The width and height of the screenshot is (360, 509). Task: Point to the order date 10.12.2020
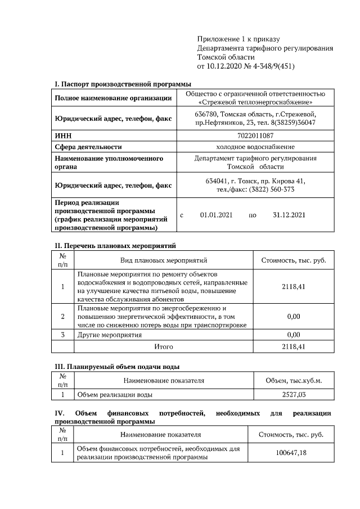pos(224,66)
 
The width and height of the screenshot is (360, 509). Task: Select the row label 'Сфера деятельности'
pos(88,147)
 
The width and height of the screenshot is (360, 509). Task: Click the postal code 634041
pos(217,181)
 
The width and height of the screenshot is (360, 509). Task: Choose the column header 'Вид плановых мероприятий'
pos(164,260)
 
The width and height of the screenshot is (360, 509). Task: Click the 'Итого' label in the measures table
pos(164,346)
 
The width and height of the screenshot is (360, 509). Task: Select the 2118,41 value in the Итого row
pos(293,346)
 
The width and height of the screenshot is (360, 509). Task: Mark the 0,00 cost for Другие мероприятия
pos(293,335)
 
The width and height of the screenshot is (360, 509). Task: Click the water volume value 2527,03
pos(293,394)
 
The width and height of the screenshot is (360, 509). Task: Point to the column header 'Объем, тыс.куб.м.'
pos(293,381)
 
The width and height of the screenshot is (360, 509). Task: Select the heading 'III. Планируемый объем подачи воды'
pos(117,367)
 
